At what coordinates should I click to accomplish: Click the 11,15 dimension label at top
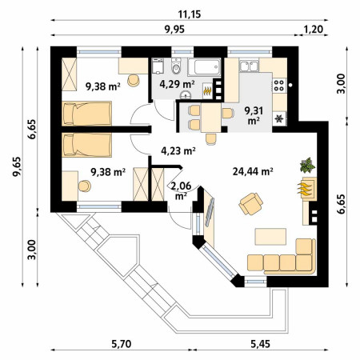190,14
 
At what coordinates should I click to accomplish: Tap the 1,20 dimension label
314,29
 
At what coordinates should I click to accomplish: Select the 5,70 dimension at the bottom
122,344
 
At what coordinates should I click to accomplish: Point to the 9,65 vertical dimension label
17,166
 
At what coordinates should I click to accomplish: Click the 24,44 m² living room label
253,171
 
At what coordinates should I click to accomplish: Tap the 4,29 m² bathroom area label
177,84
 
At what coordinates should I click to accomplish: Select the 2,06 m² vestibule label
181,190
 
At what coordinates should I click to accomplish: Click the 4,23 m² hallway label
178,151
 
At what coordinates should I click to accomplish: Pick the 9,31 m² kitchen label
254,115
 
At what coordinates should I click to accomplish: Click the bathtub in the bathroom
204,67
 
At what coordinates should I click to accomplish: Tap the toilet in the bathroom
176,66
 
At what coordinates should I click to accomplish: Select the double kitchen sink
250,66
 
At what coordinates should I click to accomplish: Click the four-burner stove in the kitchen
279,85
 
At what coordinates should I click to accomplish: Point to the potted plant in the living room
307,165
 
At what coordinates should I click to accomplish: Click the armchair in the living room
250,204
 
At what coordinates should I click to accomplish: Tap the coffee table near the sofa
270,236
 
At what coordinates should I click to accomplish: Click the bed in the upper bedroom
86,114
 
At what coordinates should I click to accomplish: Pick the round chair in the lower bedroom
85,186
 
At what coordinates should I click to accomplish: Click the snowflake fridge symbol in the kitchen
279,118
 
